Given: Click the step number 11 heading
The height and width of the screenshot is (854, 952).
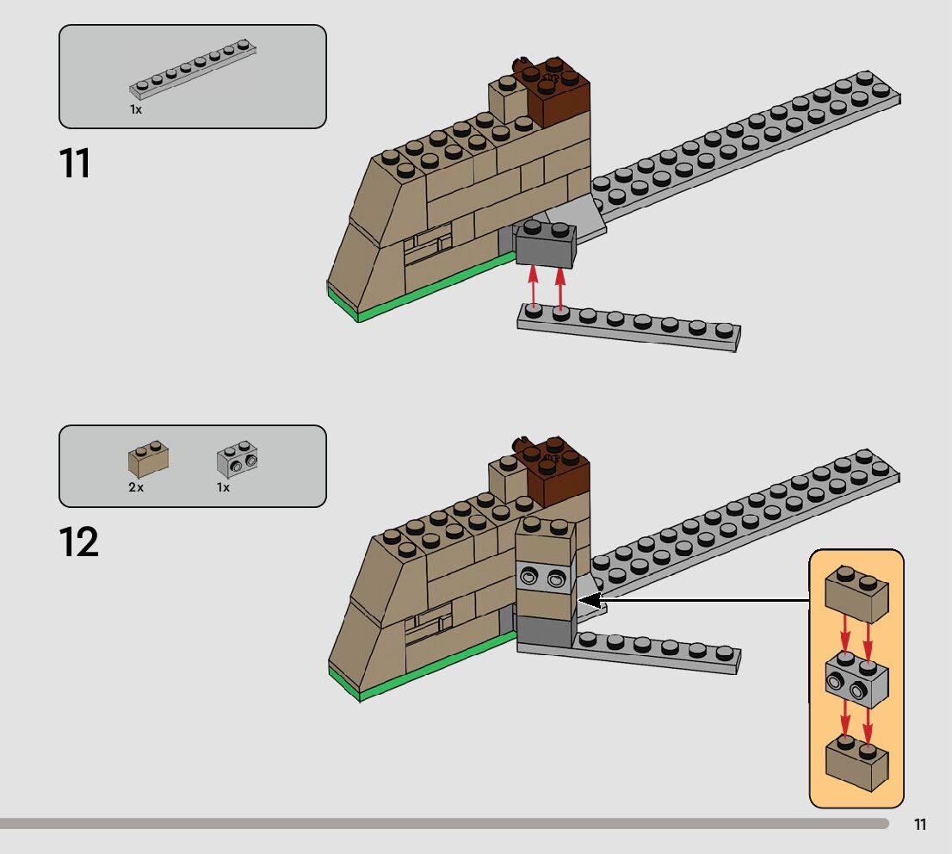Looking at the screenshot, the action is pos(75,164).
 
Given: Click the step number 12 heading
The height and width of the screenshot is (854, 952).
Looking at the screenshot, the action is pos(78,542).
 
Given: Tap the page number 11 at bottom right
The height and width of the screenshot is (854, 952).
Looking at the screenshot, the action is pos(920,825).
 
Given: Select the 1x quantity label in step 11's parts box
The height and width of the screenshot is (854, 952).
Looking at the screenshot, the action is pos(136,110).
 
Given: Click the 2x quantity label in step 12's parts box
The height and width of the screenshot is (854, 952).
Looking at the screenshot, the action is pos(136,487).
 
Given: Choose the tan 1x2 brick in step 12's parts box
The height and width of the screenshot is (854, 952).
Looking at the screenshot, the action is pos(148,460).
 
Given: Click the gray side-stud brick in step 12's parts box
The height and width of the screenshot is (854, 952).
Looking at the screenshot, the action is pos(238,460).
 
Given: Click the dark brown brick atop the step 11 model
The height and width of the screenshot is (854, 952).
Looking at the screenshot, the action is pos(559,92).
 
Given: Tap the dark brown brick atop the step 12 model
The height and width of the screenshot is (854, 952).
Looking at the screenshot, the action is pos(559,471).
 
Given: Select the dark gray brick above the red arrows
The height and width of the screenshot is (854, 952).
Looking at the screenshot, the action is pos(545,246).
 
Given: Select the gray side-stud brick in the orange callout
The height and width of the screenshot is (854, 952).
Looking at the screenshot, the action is pos(856,680).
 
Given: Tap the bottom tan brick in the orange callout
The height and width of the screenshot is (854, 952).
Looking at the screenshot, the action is pos(856,764).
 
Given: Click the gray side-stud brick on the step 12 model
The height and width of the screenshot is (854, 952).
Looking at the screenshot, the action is pos(544,578).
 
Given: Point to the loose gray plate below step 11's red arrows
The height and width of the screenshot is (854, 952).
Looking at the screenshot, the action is pos(628,329).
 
